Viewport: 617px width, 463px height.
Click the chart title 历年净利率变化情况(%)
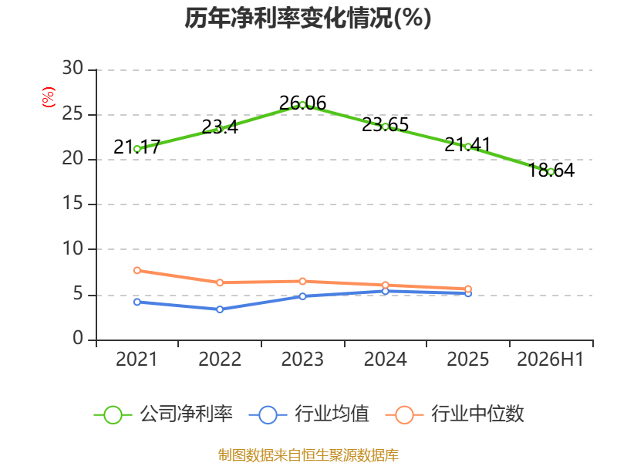click(308, 18)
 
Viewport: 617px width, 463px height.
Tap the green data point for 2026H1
click(551, 171)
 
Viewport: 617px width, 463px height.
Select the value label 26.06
click(302, 103)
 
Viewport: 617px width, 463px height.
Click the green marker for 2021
click(137, 149)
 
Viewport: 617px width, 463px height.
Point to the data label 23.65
click(385, 125)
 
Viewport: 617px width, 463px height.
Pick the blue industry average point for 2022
click(220, 309)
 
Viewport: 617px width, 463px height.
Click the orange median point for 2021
click(137, 271)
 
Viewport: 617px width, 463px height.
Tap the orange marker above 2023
click(302, 281)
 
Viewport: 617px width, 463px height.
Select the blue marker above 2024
click(385, 292)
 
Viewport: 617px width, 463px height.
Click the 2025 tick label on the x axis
click(468, 360)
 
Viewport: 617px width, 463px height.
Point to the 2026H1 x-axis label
click(551, 360)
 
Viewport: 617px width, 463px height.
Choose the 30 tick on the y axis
click(72, 68)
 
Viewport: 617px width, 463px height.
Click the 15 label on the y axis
click(72, 203)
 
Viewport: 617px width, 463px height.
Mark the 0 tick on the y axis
click(78, 338)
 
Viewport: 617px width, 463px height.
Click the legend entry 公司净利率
click(164, 414)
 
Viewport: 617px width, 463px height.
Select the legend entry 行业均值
click(309, 414)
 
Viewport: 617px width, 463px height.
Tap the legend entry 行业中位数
click(455, 414)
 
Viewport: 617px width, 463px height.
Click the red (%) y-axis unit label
click(49, 97)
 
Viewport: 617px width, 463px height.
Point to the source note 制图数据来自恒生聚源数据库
click(308, 455)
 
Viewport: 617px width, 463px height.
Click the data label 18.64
click(551, 170)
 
